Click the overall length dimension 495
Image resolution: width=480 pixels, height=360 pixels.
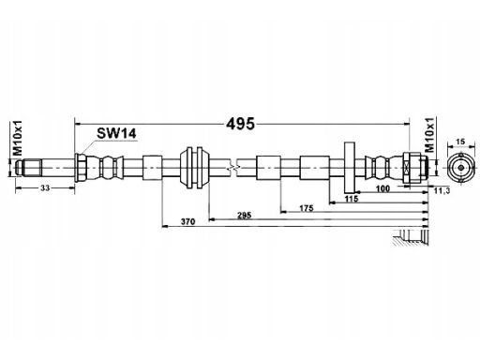coord(240,124)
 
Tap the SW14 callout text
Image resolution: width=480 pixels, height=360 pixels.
coord(116,134)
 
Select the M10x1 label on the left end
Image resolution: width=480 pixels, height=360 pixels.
coord(18,138)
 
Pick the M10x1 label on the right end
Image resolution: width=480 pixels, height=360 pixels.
coord(430,135)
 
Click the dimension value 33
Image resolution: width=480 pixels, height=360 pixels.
coord(45,187)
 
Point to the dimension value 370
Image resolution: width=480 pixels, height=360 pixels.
coord(187,221)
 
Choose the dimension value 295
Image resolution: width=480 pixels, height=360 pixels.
coord(245,215)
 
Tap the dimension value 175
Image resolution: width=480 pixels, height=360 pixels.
coord(307,208)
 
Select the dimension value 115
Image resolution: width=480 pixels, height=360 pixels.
coord(351,199)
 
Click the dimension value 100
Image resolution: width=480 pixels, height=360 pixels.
coord(382,188)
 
